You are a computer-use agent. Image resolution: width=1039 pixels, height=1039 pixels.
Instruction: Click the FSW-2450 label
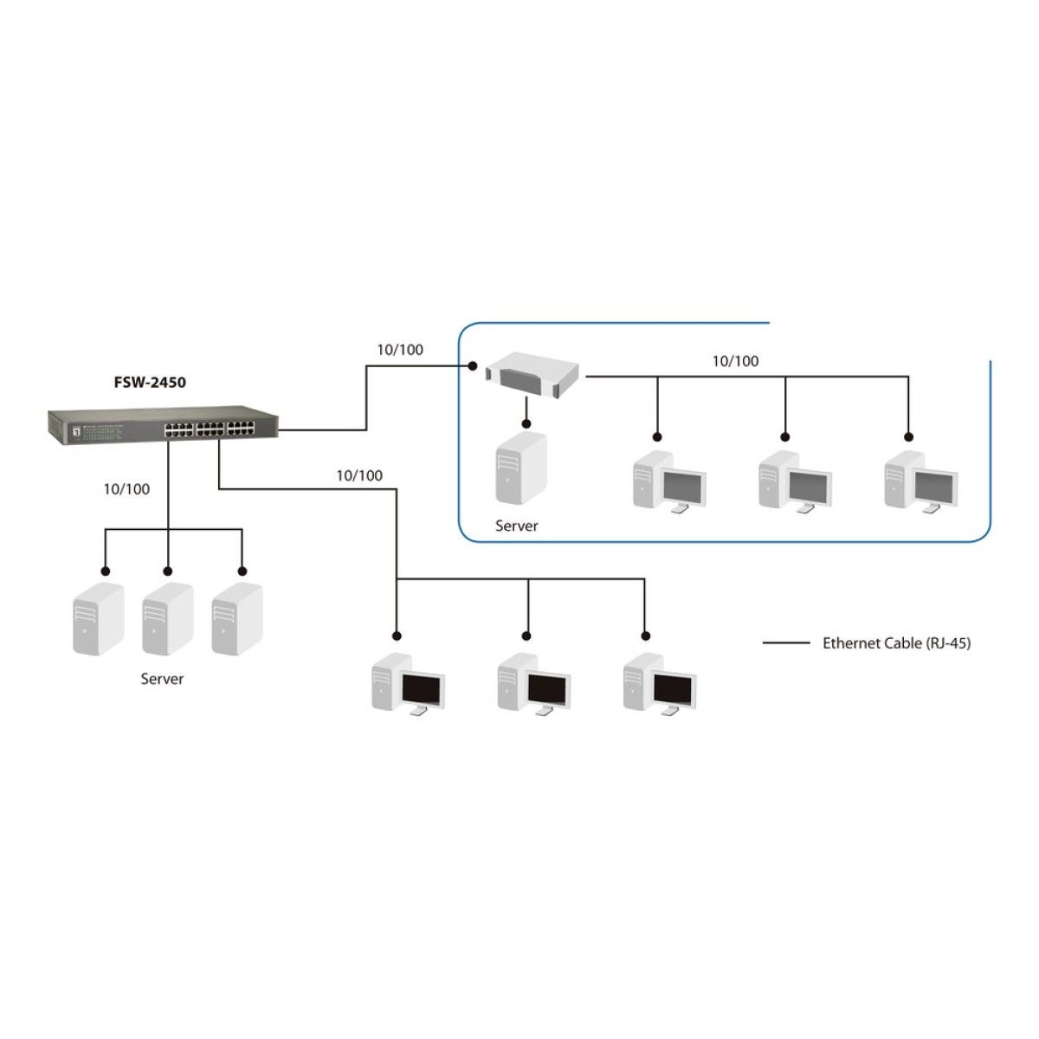tap(150, 383)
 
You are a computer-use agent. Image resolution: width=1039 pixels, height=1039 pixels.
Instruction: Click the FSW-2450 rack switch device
tap(163, 425)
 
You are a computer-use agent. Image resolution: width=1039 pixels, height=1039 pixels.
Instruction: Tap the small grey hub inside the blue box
tap(532, 375)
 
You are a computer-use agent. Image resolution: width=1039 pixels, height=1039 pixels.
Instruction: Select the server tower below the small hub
tap(521, 468)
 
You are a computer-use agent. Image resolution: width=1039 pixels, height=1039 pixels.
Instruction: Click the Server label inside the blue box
tap(517, 526)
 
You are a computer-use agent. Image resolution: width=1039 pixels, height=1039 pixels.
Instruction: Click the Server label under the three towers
tap(162, 679)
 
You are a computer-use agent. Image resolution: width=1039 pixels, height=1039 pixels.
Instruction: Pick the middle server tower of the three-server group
tap(168, 619)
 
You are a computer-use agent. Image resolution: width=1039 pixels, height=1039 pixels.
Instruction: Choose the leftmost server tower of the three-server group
tap(98, 619)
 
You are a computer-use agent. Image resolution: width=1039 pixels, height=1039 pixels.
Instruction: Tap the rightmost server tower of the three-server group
tap(237, 619)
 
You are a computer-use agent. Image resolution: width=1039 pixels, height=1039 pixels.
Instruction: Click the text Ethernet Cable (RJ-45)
tap(897, 642)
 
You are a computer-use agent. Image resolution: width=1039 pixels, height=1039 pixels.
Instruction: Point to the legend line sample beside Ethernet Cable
tap(786, 642)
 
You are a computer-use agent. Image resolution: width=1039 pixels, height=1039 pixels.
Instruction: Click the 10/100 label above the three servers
tap(126, 489)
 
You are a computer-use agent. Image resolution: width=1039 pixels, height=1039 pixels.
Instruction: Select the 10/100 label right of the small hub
tap(735, 361)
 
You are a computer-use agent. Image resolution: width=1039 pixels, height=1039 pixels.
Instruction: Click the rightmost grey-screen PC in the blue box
tap(921, 481)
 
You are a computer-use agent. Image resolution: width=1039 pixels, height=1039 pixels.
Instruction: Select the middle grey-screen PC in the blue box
tap(796, 481)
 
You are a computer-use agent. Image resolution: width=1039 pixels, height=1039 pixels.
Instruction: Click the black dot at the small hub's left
tap(473, 366)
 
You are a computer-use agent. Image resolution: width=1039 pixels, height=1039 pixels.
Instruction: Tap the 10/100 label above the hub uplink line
tap(400, 350)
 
